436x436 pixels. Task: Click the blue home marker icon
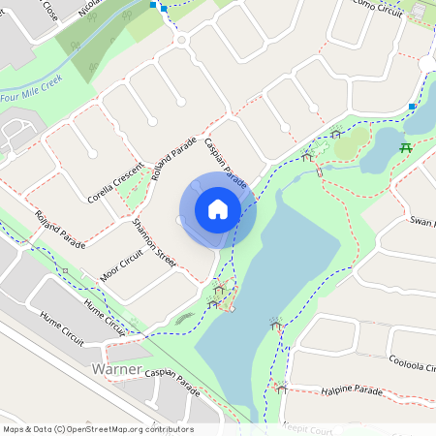[217, 209]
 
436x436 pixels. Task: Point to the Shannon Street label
[154, 241]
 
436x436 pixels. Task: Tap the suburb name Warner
[116, 370]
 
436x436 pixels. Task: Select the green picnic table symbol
[407, 148]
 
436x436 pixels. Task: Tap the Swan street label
[420, 223]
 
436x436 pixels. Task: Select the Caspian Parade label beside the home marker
[225, 162]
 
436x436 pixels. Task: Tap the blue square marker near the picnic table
[413, 106]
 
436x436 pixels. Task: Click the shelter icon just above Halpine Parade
[280, 387]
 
